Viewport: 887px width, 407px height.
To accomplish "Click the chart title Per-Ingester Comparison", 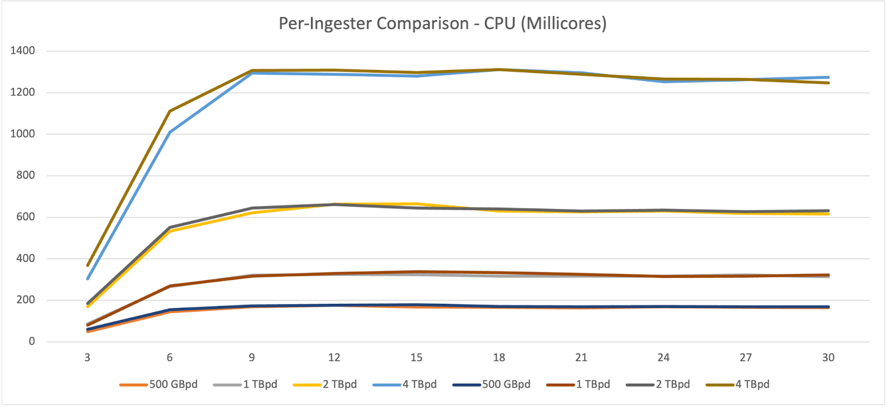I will pyautogui.click(x=442, y=23).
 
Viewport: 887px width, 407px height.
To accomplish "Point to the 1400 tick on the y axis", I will pyautogui.click(x=23, y=50).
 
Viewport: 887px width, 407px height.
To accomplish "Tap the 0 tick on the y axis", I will pyautogui.click(x=32, y=342).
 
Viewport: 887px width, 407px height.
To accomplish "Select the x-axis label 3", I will pyautogui.click(x=87, y=358).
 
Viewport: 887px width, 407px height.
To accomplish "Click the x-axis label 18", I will pyautogui.click(x=499, y=358).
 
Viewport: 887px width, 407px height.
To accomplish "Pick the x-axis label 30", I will pyautogui.click(x=828, y=358).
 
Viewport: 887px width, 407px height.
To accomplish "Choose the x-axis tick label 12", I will pyautogui.click(x=334, y=358).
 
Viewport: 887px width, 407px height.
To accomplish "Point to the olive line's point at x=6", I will pyautogui.click(x=170, y=111).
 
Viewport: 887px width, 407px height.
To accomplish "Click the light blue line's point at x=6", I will pyautogui.click(x=170, y=132).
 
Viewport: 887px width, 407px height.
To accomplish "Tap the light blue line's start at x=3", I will pyautogui.click(x=88, y=278).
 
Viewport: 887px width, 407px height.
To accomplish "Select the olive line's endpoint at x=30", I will pyautogui.click(x=828, y=83).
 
